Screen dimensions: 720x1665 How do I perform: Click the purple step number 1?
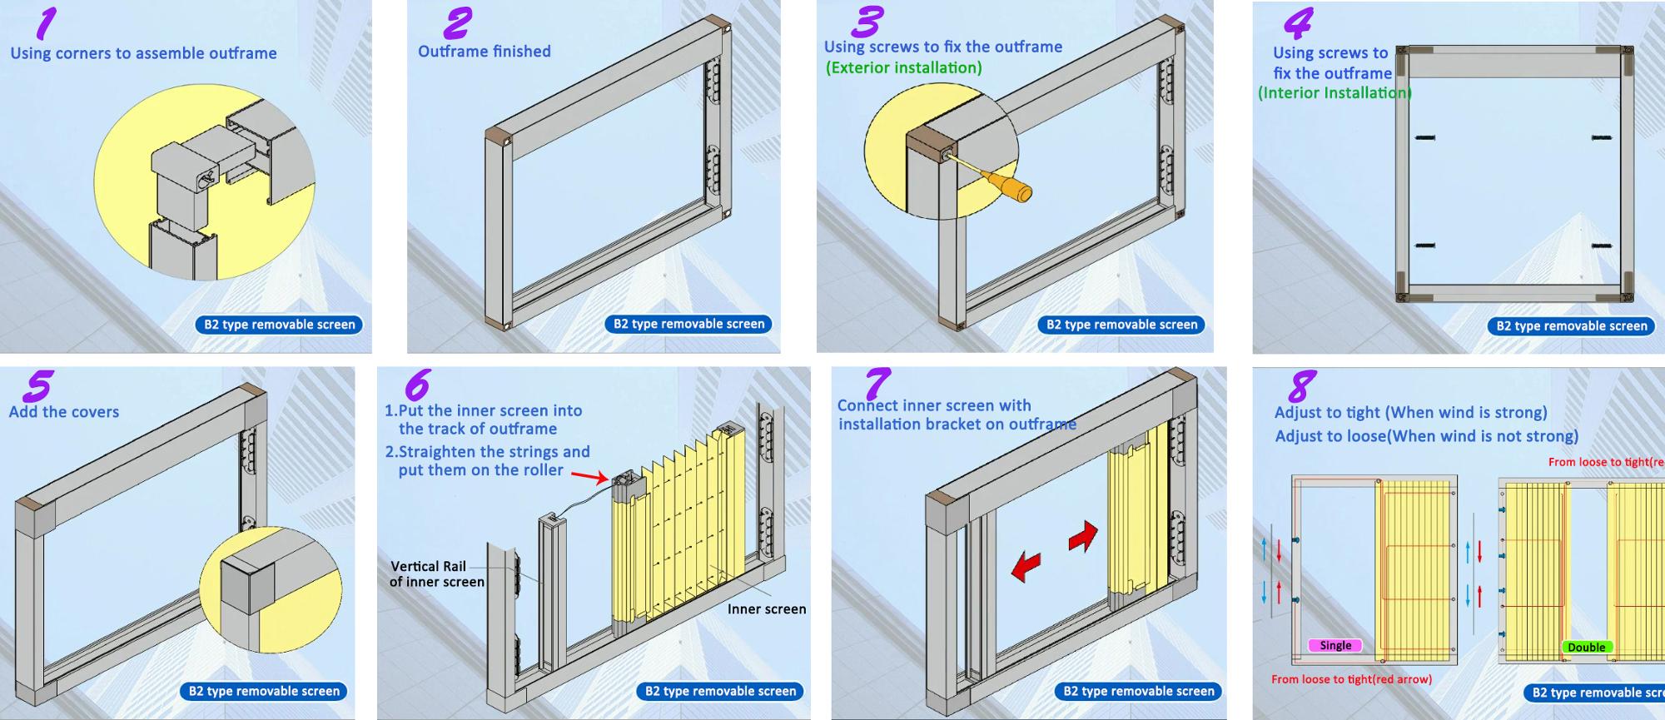[47, 23]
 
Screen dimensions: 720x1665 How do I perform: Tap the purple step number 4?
[1299, 23]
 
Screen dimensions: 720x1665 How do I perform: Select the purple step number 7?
[877, 385]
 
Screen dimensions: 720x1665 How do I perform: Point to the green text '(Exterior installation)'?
[903, 67]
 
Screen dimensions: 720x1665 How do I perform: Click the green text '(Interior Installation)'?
[1334, 93]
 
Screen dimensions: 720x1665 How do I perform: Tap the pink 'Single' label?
[1335, 645]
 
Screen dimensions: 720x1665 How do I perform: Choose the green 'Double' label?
[1586, 647]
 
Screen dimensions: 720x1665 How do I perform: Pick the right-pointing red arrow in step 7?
[1084, 536]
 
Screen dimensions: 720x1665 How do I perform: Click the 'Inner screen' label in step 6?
[766, 609]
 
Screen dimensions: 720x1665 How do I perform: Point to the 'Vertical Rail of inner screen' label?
[435, 574]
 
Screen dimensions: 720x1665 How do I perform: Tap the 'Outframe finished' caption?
[484, 52]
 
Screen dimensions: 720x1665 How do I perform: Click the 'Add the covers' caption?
[64, 412]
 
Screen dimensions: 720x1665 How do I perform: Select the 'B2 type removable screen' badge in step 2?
[688, 324]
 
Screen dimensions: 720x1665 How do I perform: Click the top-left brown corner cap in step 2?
[500, 134]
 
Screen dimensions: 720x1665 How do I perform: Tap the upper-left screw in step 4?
[1424, 137]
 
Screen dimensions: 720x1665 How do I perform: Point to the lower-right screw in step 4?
[1601, 246]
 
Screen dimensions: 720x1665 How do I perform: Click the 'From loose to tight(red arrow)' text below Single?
[1351, 679]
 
